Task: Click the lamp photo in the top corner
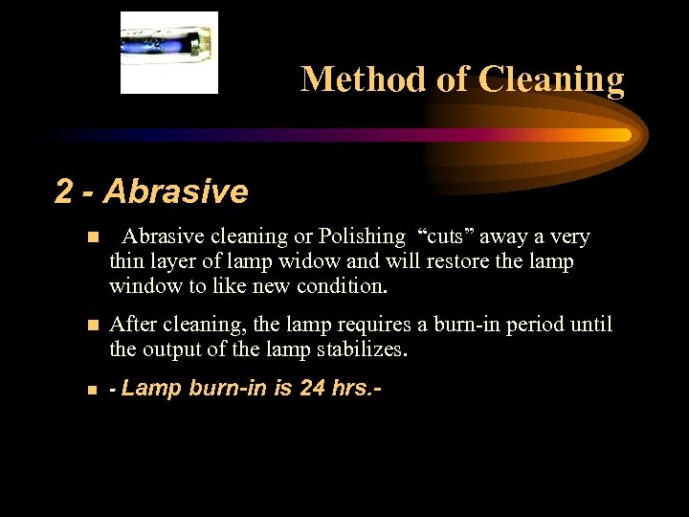168,53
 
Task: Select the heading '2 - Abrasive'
151,191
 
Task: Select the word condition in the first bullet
341,286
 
